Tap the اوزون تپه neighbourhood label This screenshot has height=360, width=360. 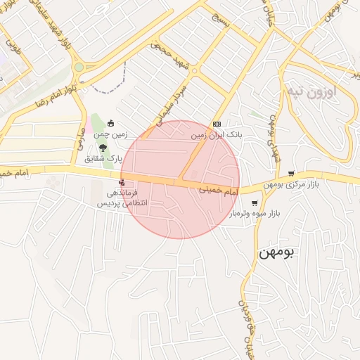[x=312, y=91]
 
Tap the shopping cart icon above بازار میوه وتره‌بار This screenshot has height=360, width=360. [x=254, y=203]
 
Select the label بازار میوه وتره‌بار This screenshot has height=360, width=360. [x=254, y=213]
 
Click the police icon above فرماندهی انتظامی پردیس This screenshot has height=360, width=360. [x=124, y=181]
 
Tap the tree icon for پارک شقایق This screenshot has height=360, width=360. [x=104, y=148]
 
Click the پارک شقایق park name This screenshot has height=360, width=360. [x=103, y=158]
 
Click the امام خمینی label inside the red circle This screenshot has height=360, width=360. [x=219, y=190]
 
